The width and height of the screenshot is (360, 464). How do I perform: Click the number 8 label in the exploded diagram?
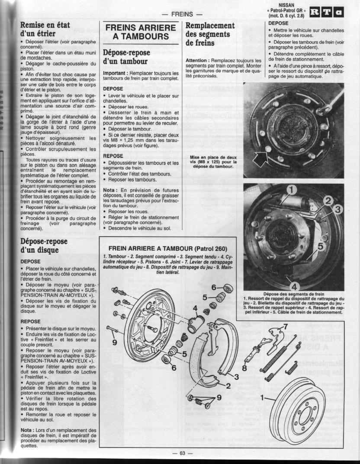tap(244, 368)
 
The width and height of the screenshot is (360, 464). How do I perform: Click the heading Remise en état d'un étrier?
tap(45, 29)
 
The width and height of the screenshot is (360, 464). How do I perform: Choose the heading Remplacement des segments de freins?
tap(210, 34)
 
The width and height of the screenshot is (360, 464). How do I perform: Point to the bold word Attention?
tap(197, 60)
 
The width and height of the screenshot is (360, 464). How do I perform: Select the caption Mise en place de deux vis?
tap(213, 161)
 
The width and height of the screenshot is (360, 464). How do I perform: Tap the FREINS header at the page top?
tap(182, 14)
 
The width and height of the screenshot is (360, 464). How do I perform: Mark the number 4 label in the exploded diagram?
tap(195, 308)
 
